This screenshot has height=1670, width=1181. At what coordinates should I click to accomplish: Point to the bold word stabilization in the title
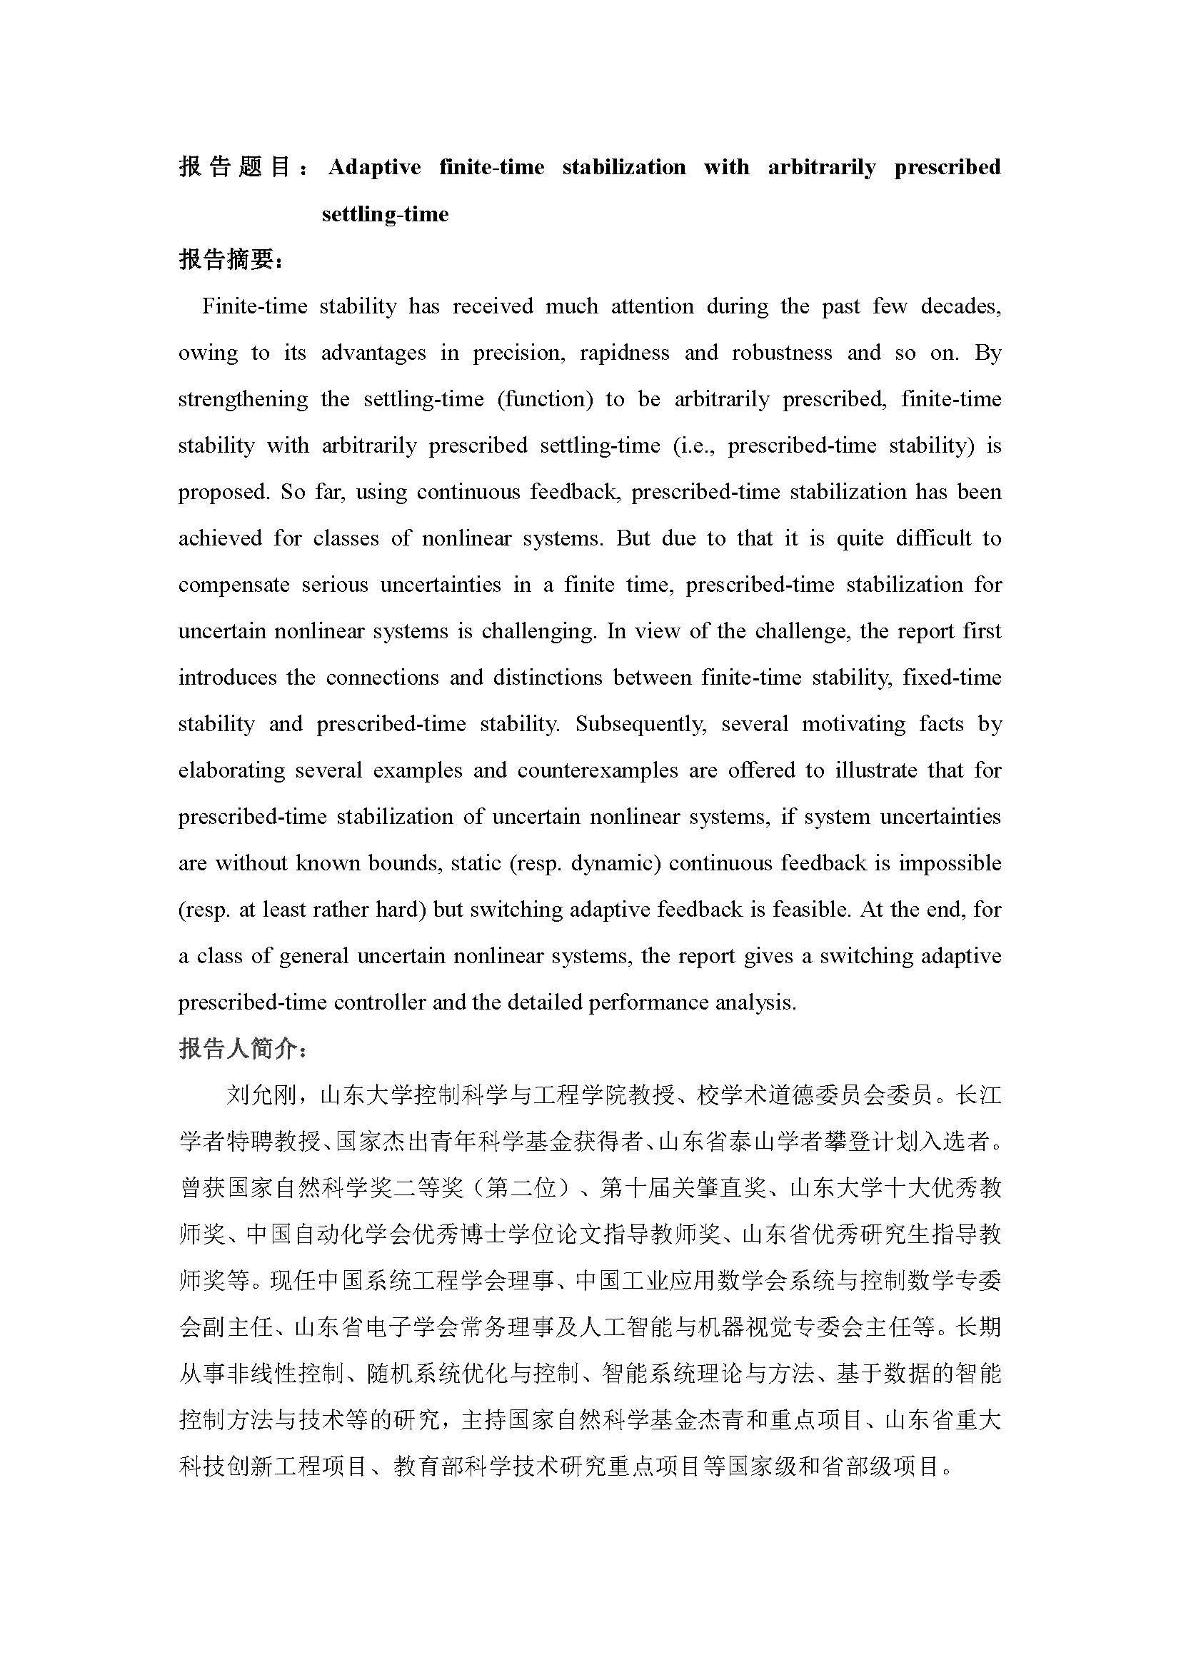(623, 167)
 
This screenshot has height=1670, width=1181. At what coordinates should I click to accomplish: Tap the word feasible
(806, 910)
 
